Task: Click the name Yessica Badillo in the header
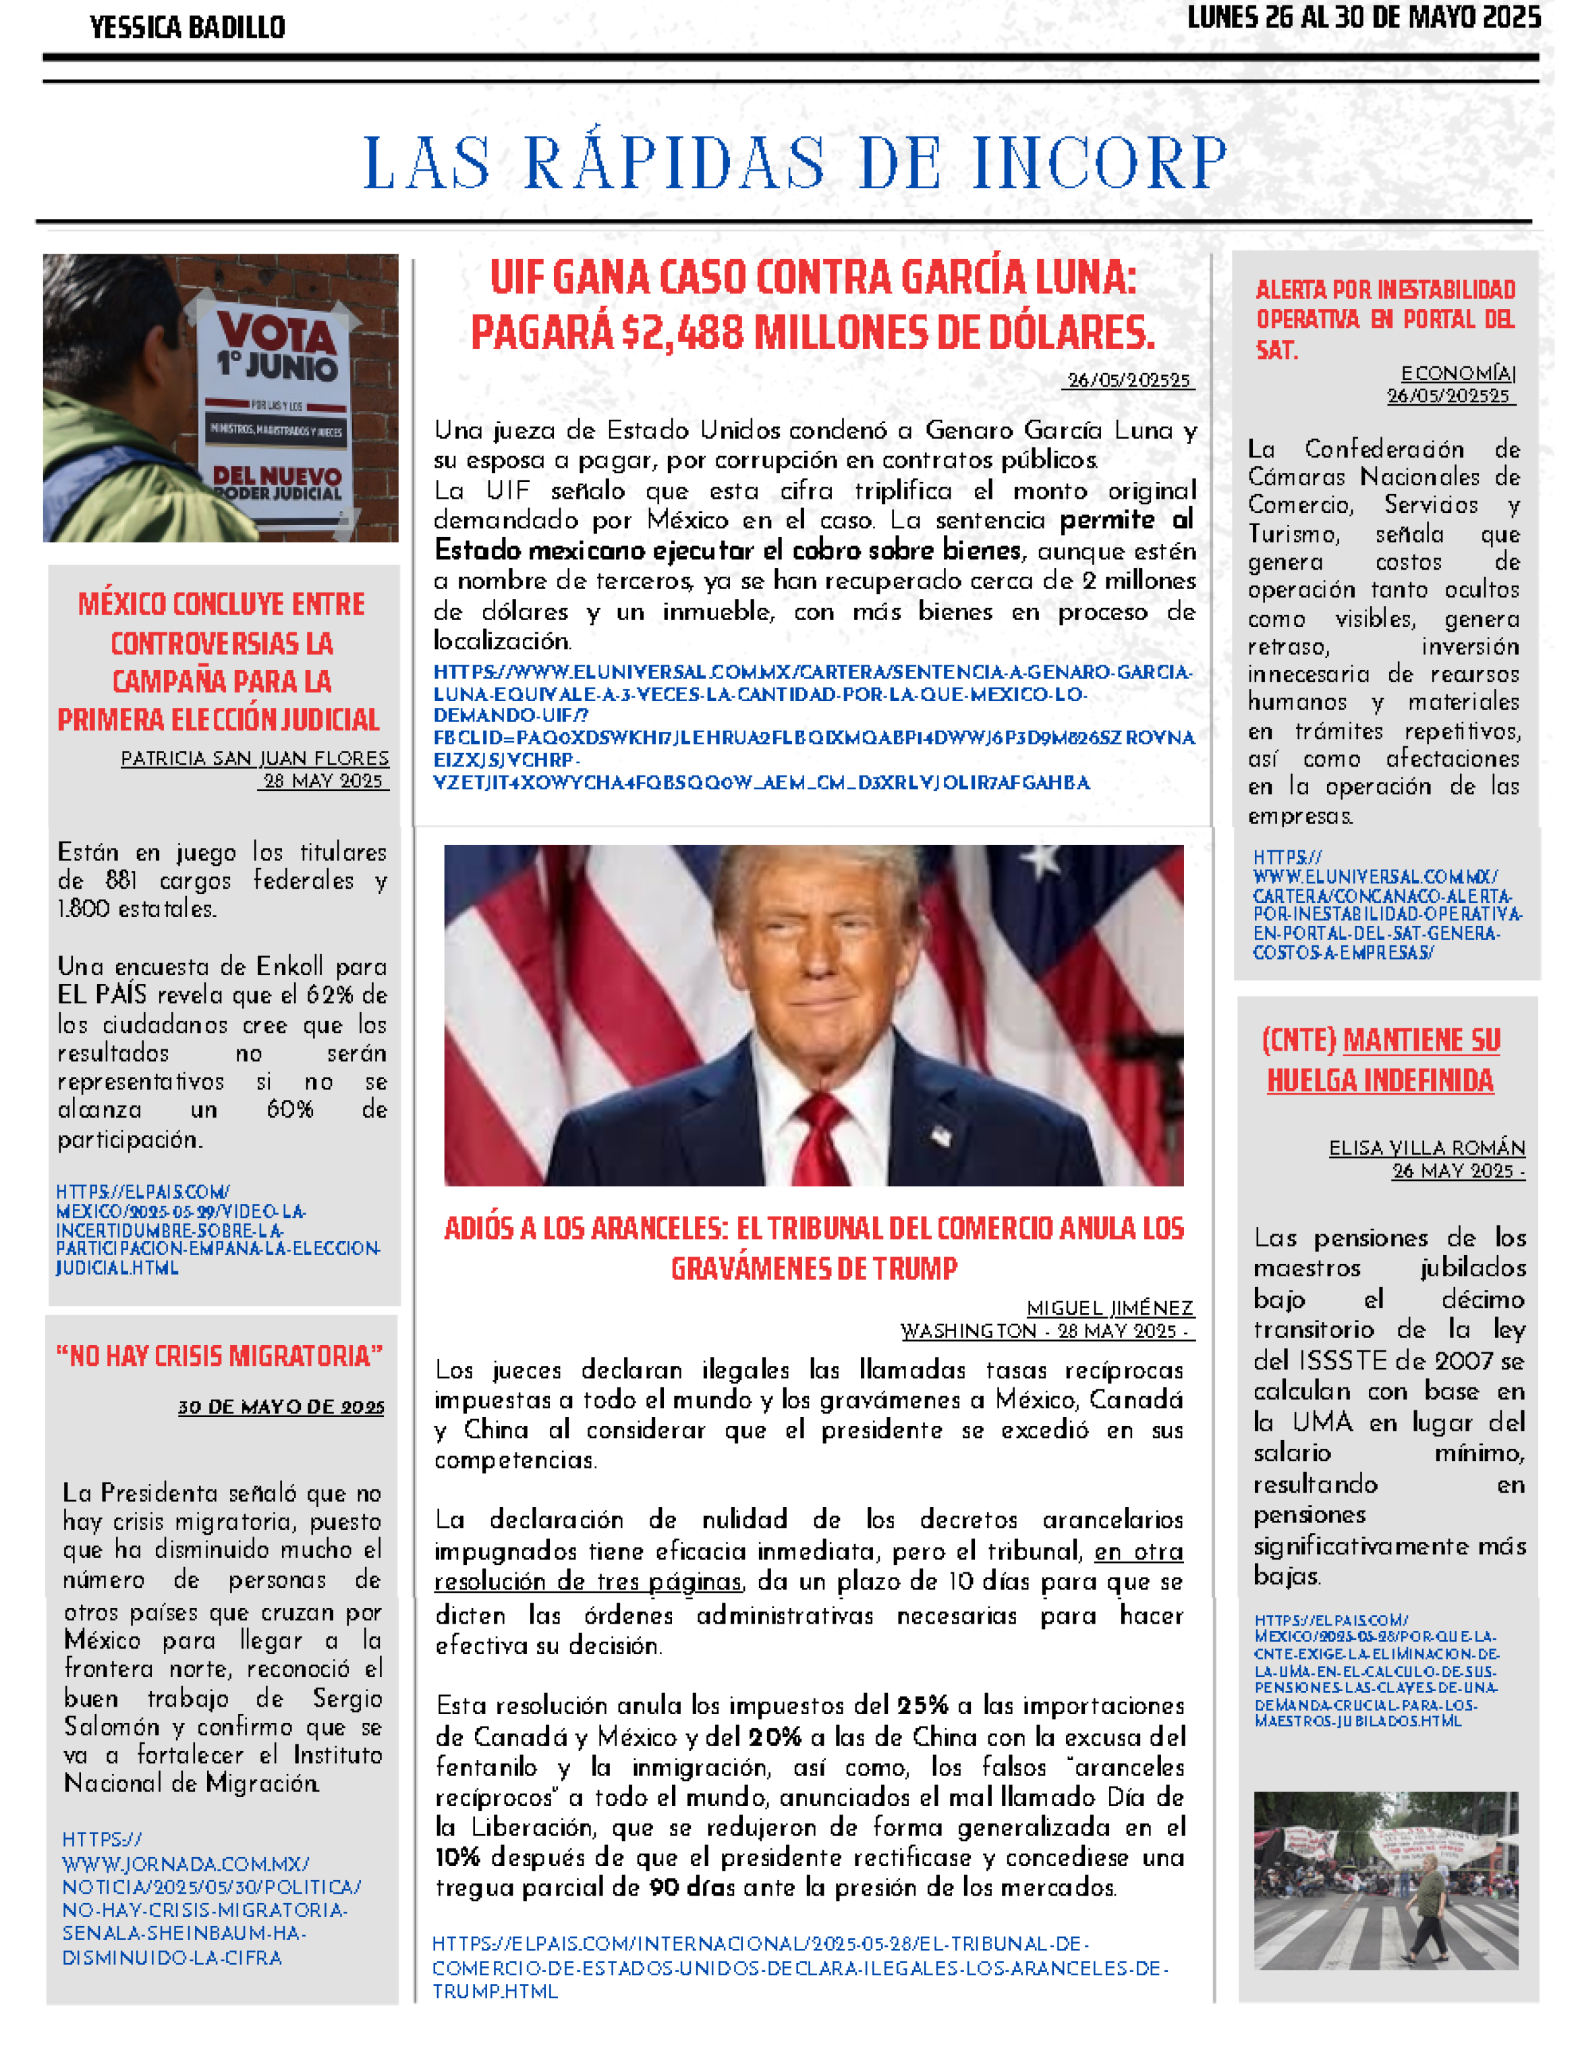tap(187, 27)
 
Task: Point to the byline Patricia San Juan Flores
tap(254, 758)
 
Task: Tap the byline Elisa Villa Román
tap(1426, 1147)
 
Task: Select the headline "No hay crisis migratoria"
tap(220, 1356)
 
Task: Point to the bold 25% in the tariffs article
tap(922, 1705)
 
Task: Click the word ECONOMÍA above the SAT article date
tap(1457, 374)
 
